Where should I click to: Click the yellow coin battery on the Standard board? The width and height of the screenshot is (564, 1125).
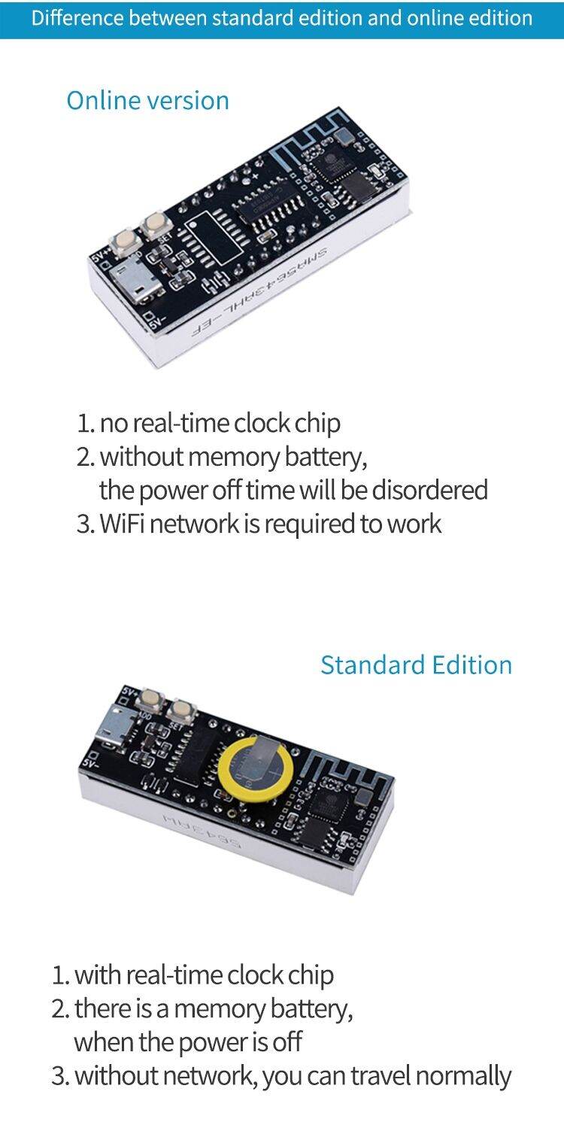[x=255, y=767]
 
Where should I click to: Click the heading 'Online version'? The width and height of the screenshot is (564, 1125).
[x=147, y=100]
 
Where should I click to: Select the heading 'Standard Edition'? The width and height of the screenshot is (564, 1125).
[x=416, y=664]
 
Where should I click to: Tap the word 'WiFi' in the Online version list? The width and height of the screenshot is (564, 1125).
[x=123, y=524]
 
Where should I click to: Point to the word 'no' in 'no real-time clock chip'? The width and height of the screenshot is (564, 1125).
[x=114, y=424]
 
